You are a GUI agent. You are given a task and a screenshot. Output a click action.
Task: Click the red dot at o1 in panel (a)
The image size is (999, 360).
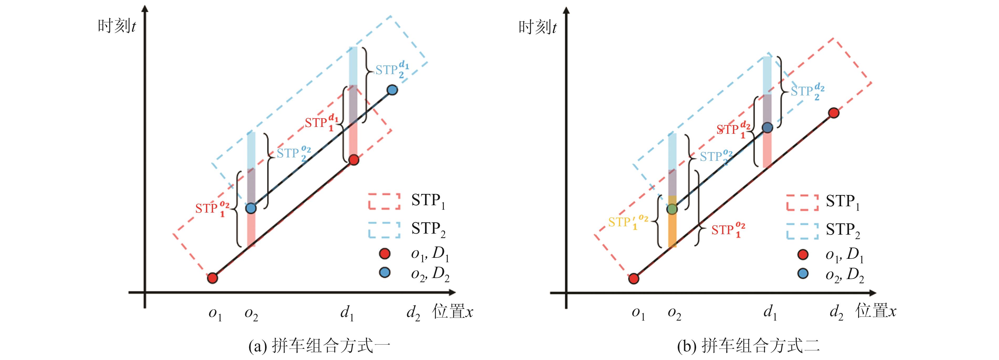212,278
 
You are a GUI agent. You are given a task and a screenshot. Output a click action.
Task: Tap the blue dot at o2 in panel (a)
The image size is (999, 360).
251,208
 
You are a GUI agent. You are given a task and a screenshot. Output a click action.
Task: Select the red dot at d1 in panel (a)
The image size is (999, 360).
354,160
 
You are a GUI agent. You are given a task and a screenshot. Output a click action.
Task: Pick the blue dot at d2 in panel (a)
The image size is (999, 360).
392,90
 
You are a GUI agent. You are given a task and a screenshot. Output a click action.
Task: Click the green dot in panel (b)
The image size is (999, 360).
672,209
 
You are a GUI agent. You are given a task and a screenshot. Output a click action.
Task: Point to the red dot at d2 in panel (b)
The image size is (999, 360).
834,113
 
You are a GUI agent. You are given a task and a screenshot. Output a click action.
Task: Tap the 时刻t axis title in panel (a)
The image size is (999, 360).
116,26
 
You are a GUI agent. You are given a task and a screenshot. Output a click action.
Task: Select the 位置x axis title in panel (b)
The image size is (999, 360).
876,311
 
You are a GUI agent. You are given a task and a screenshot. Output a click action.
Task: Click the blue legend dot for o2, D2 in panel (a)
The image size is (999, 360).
384,273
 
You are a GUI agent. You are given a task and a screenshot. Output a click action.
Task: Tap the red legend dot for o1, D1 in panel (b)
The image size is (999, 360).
803,254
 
